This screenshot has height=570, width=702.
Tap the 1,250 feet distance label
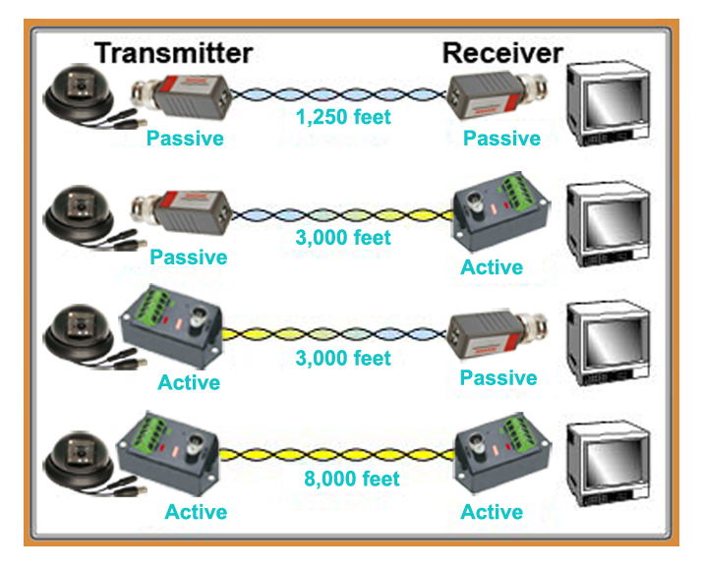[x=343, y=117]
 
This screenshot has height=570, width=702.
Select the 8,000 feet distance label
[x=351, y=479]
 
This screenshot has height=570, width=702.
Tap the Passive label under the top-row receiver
[x=501, y=139]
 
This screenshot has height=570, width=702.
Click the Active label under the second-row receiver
[x=492, y=267]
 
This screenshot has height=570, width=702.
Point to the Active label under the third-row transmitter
[x=189, y=382]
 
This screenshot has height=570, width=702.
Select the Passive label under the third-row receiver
[x=498, y=378]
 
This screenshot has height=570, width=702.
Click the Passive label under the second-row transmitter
[x=189, y=257]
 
